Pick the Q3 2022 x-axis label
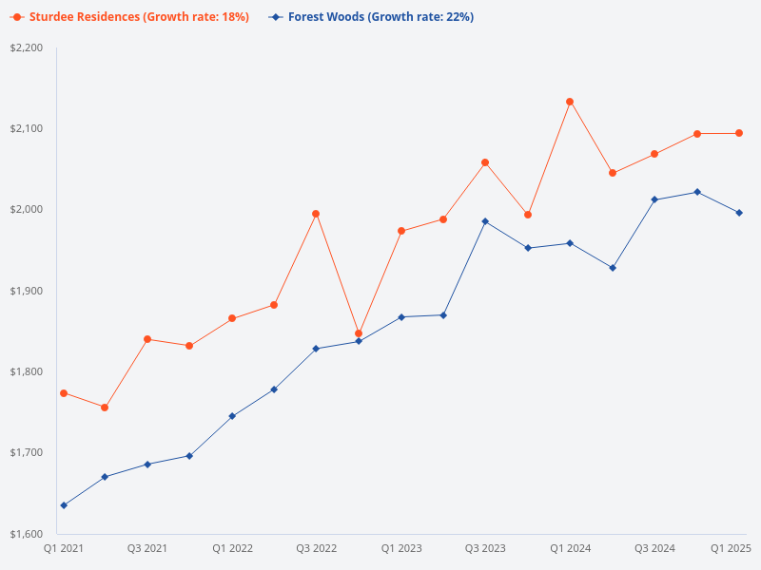click(x=317, y=548)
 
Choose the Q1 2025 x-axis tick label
click(x=732, y=548)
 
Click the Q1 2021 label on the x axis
click(x=63, y=548)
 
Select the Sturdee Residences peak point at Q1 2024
click(x=570, y=102)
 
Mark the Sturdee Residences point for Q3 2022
click(x=316, y=214)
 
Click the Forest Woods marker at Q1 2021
click(x=64, y=505)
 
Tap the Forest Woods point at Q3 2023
click(x=485, y=221)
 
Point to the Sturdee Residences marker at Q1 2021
click(x=64, y=392)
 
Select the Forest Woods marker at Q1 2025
click(x=739, y=213)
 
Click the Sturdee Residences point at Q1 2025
click(x=739, y=133)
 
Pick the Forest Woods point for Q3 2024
click(x=654, y=199)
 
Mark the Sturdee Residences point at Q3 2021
click(x=147, y=339)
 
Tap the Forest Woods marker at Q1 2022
click(x=232, y=416)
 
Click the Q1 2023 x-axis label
click(x=401, y=548)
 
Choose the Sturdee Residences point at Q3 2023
click(x=485, y=162)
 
